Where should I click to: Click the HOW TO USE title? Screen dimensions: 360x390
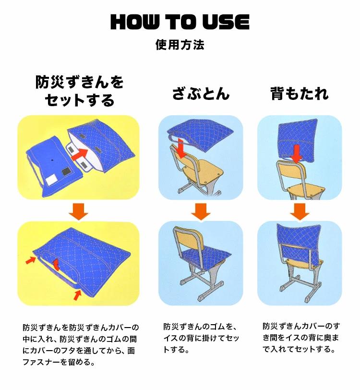tap(180, 22)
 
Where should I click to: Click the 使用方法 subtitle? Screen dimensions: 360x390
tap(180, 45)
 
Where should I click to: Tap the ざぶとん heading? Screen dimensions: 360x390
tap(201, 94)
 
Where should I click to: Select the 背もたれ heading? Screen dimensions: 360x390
tap(300, 94)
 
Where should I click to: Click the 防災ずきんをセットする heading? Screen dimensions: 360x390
tap(79, 91)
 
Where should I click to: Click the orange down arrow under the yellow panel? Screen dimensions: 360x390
tap(79, 211)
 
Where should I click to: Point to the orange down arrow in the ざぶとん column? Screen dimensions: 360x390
tap(201, 211)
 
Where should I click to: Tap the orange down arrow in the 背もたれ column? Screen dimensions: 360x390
tap(300, 211)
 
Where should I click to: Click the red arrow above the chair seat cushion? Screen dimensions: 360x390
tap(181, 149)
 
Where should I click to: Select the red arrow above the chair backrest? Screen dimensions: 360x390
tap(296, 154)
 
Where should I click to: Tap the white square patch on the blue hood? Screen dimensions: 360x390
tap(52, 179)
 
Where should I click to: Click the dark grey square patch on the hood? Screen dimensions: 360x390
tap(66, 171)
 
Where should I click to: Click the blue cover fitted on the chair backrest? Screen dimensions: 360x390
tap(299, 243)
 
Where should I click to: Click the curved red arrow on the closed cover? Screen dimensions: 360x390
tap(57, 264)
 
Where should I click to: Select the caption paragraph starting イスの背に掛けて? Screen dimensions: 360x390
tap(201, 338)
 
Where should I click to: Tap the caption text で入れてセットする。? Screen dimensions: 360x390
tap(299, 349)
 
